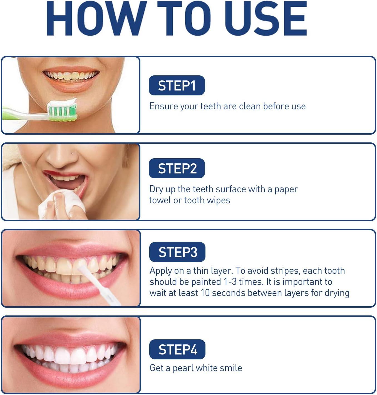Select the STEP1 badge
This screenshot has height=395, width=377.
pos(177,85)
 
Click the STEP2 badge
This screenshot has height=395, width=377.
pos(177,168)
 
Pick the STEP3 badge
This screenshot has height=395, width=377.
pos(177,252)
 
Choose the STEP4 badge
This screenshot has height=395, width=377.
pos(177,349)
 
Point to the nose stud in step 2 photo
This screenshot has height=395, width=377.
pos(72,154)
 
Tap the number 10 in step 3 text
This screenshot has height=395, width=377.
pos(205,293)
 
